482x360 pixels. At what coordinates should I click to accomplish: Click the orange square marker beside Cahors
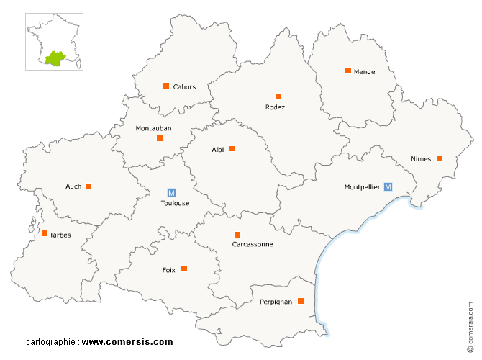[x=166, y=86]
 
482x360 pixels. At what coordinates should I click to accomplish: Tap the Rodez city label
[x=275, y=107]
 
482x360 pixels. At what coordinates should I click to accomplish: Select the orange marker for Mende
[x=348, y=71]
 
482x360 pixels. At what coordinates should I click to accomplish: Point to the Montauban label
[x=153, y=128]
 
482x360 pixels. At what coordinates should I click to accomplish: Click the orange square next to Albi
[x=232, y=149]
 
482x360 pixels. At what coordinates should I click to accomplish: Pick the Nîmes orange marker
[x=439, y=158]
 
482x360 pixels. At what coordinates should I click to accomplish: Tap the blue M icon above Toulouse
[x=171, y=192]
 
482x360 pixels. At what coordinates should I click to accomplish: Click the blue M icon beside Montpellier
[x=388, y=186]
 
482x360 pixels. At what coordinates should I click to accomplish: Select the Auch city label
[x=73, y=186]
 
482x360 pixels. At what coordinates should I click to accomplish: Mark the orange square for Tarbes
[x=45, y=233]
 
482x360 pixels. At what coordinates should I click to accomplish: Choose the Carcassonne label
[x=253, y=244]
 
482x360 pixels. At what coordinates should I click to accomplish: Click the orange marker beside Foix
[x=184, y=269]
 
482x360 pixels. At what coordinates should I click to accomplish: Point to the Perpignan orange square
[x=301, y=301]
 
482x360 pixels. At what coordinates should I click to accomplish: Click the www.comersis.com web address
[x=127, y=342]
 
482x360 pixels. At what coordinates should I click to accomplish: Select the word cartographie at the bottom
[x=51, y=342]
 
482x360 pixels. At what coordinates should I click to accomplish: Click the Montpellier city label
[x=362, y=187]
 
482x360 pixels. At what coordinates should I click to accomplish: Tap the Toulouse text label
[x=175, y=203]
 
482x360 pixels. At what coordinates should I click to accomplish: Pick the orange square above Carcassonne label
[x=237, y=234]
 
